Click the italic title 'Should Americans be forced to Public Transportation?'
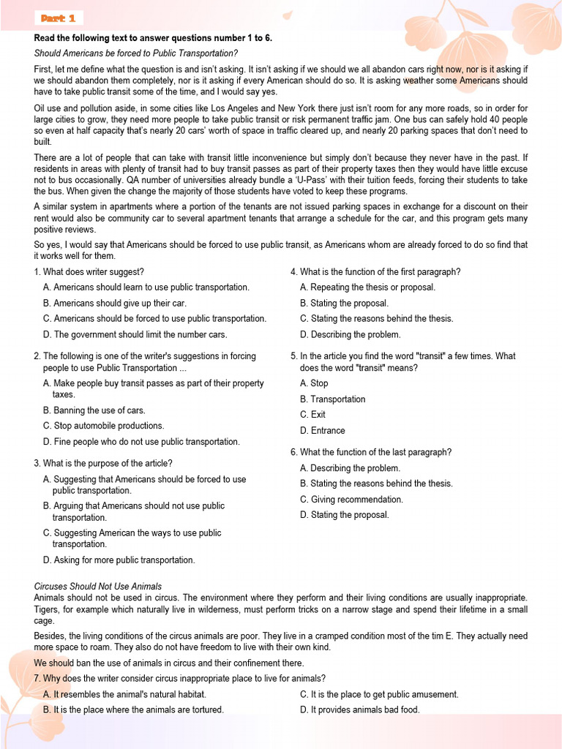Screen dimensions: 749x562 (x=136, y=53)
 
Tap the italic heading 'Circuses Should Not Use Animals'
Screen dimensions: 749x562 (x=98, y=587)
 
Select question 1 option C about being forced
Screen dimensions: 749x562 (x=154, y=319)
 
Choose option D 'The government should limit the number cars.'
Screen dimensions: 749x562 (x=135, y=335)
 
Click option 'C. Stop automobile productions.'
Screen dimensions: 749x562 (x=103, y=426)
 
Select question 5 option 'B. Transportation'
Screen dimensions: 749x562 (x=332, y=399)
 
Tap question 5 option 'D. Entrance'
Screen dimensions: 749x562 (x=322, y=431)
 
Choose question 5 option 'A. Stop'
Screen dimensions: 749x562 (x=314, y=383)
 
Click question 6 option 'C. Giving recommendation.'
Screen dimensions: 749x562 (x=351, y=500)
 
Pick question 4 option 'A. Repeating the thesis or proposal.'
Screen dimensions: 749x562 (x=367, y=287)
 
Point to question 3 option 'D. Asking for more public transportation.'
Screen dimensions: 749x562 (x=119, y=560)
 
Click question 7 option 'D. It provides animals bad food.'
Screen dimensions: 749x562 (x=359, y=710)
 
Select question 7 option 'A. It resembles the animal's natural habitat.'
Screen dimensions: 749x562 (x=124, y=694)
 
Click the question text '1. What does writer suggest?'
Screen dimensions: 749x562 (x=89, y=272)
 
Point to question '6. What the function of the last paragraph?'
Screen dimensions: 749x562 (x=371, y=452)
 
